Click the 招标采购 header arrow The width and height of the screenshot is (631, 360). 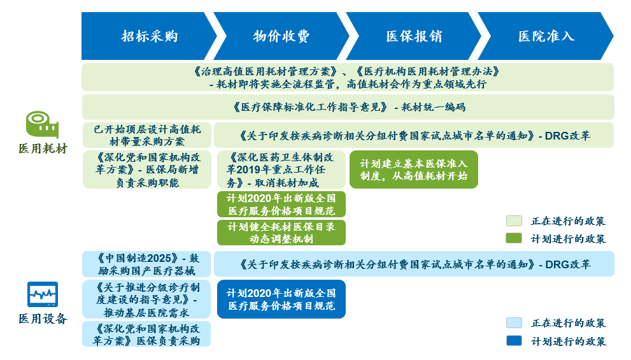(x=149, y=36)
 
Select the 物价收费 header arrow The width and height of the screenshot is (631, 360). (x=281, y=36)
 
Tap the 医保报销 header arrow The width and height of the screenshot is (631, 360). (x=414, y=36)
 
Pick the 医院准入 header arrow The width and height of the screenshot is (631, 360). (x=546, y=36)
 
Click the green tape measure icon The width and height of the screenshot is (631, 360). (x=42, y=125)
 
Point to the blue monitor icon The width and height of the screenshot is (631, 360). (x=43, y=294)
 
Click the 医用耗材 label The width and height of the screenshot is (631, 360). (x=43, y=148)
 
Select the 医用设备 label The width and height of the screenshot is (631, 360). (x=43, y=319)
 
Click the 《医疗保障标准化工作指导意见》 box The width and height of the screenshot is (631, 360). (x=348, y=107)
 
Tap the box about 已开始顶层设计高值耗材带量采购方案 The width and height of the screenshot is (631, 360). (x=147, y=135)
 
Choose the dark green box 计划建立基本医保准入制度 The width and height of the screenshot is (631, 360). (x=414, y=169)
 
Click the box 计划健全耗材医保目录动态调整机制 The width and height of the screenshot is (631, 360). (x=281, y=233)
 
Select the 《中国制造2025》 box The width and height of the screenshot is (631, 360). (x=146, y=264)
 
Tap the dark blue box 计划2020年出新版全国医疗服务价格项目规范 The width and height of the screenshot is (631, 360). (x=281, y=299)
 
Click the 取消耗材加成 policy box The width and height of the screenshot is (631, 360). (x=281, y=169)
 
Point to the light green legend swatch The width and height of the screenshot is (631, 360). (x=514, y=220)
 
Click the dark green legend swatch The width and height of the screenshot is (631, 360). (x=514, y=238)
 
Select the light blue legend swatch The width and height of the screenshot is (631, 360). (x=514, y=322)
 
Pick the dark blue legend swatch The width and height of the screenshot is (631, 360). (x=514, y=341)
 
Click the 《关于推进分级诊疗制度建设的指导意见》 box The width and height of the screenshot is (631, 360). (x=146, y=299)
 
